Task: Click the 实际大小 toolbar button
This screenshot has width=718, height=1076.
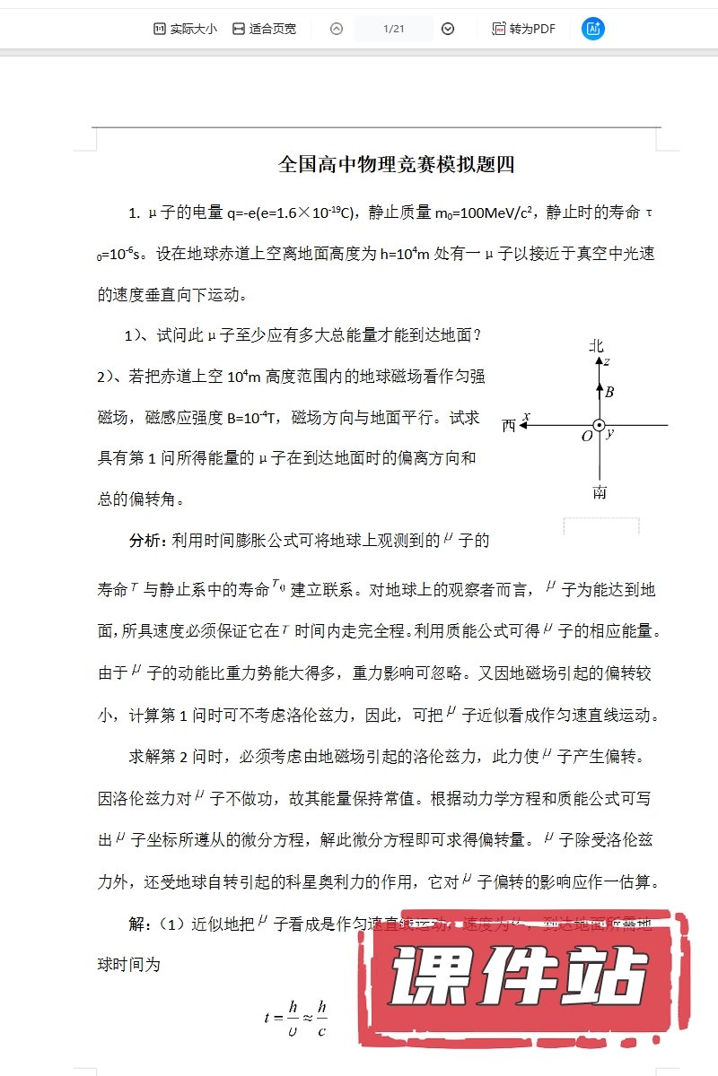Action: [x=185, y=29]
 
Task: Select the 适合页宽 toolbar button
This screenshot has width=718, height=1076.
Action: [x=264, y=29]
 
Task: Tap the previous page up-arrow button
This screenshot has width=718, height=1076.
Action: [x=337, y=29]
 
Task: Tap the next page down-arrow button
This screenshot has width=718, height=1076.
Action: [x=448, y=29]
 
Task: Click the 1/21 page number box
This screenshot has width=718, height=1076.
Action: [x=394, y=29]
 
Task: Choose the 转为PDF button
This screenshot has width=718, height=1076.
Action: [x=524, y=29]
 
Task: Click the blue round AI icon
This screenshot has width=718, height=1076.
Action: [x=592, y=29]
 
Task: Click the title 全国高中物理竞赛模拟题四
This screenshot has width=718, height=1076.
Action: [x=396, y=165]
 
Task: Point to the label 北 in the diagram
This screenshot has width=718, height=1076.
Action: [x=597, y=346]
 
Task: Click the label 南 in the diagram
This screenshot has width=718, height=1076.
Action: [x=599, y=491]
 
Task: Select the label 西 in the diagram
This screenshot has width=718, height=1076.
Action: [x=509, y=426]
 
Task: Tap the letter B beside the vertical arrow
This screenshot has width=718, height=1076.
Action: [x=609, y=392]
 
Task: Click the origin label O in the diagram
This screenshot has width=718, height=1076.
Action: [x=587, y=437]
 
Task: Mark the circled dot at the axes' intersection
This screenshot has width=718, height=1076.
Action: [x=599, y=426]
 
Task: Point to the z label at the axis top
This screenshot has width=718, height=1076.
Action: [x=607, y=361]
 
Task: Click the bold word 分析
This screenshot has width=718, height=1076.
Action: [x=147, y=541]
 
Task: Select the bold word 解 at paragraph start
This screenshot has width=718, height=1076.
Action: [x=137, y=924]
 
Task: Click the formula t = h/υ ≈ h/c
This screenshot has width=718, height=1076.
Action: [x=296, y=1018]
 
